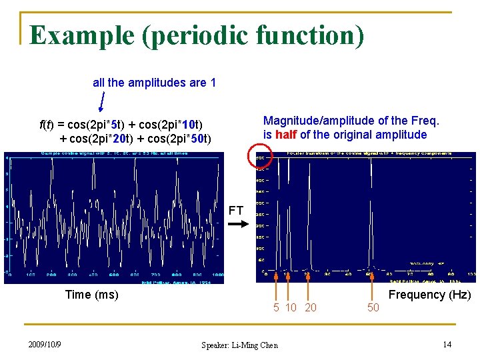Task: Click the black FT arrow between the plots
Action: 237,225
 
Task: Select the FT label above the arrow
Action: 236,211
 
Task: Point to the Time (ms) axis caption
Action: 91,295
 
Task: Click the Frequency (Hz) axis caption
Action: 429,295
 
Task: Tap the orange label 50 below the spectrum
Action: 373,307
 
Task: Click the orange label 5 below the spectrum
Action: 276,307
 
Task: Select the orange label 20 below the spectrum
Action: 311,307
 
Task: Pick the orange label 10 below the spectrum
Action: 291,307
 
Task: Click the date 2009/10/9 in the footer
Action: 45,344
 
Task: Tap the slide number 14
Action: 447,344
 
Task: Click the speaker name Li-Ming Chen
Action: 253,345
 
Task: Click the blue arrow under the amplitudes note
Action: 101,102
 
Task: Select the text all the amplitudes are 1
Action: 154,83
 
